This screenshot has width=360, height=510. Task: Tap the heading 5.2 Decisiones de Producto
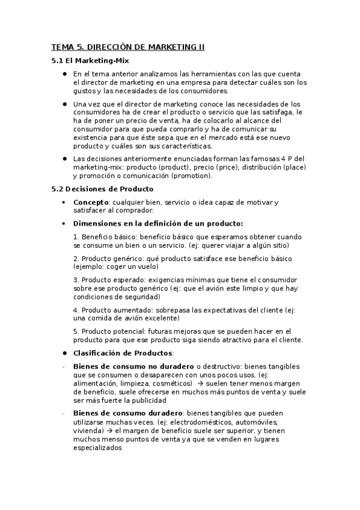coord(103,189)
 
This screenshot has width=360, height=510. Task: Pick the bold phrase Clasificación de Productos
coord(123,352)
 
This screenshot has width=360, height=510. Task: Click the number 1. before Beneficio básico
coord(76,236)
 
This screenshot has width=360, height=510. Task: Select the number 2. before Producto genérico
coord(76,258)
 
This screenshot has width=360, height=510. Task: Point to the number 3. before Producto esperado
coord(76,280)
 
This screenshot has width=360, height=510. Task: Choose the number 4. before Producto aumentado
coord(76,310)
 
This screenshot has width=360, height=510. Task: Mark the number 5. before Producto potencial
coord(76,331)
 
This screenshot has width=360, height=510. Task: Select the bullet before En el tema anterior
coord(64,73)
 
